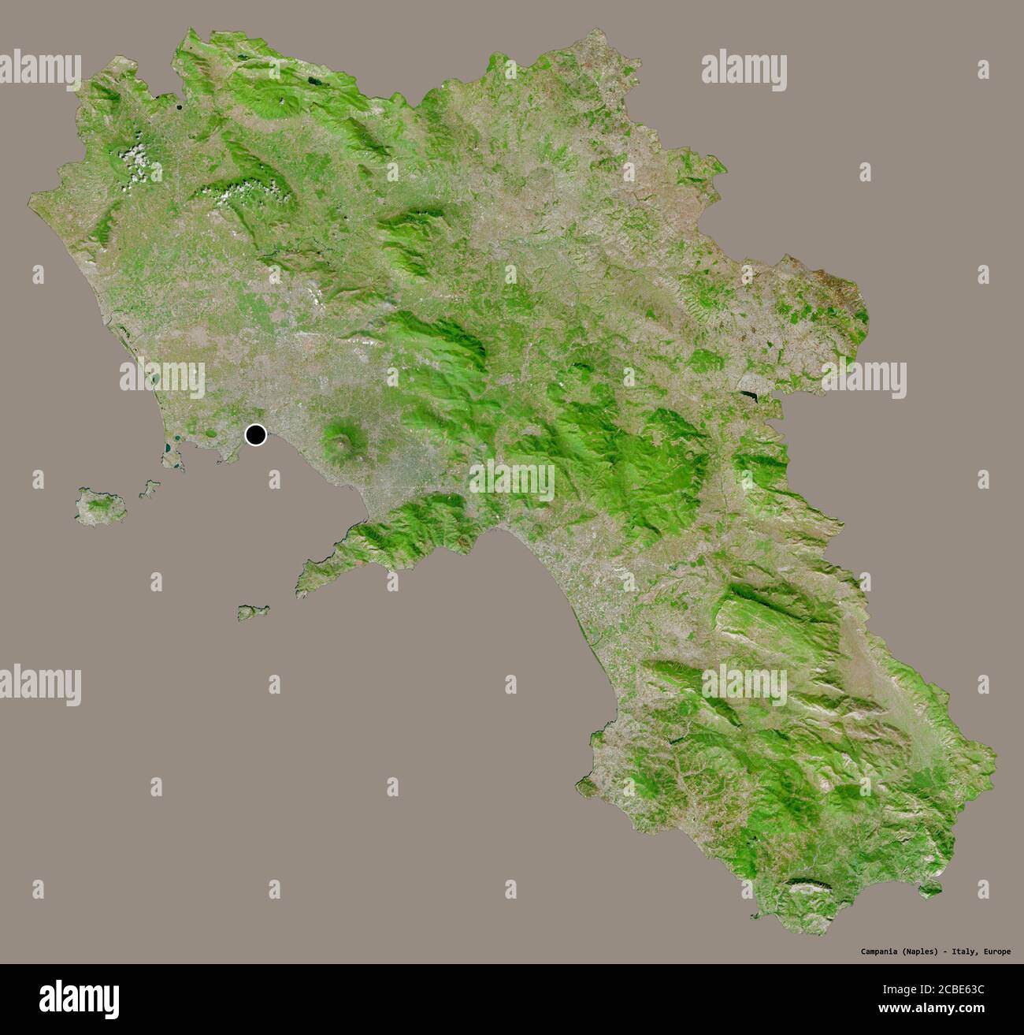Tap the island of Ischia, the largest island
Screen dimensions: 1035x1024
pos(101,505)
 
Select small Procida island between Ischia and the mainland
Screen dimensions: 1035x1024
pos(146,490)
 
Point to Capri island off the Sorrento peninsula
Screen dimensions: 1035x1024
pos(253,612)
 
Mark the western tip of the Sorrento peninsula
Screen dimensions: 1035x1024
pos(300,590)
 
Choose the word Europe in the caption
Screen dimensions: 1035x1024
pos(996,951)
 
